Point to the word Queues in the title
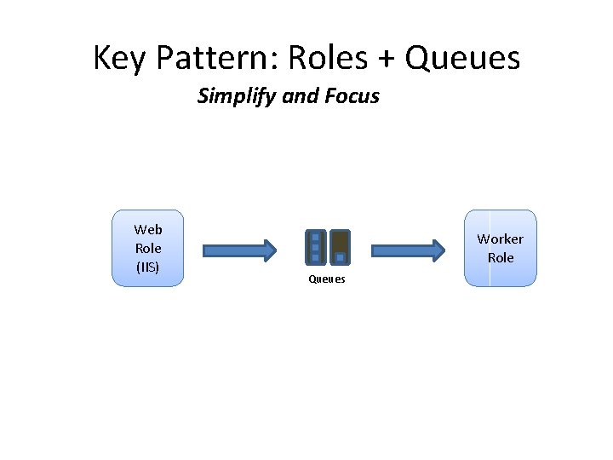(x=463, y=59)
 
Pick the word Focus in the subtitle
(x=352, y=96)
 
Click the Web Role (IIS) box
(x=147, y=248)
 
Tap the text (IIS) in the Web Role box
(x=147, y=267)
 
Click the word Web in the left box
(x=147, y=229)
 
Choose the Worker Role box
(x=500, y=248)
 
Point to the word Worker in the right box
(x=500, y=239)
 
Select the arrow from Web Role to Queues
(x=239, y=250)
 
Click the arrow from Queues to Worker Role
(x=408, y=250)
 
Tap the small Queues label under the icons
(x=327, y=279)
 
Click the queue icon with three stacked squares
(x=315, y=247)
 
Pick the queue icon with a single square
(x=340, y=247)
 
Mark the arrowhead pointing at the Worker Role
(x=438, y=250)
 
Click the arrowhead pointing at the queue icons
(x=270, y=250)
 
